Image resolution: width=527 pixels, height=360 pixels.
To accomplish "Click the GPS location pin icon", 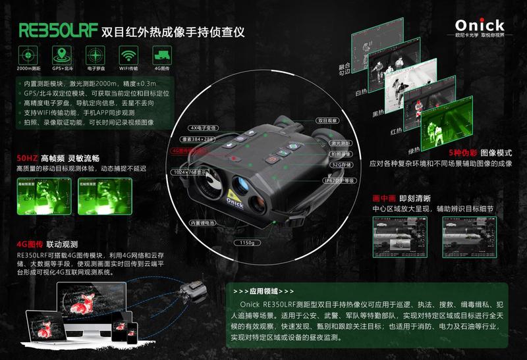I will (61, 55).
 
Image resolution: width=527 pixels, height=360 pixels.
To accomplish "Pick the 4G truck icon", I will (163, 55).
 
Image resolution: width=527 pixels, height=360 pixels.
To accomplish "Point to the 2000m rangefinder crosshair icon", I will (27, 55).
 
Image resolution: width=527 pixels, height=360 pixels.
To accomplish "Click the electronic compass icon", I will (96, 55).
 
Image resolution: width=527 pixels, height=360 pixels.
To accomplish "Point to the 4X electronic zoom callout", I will (202, 127).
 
